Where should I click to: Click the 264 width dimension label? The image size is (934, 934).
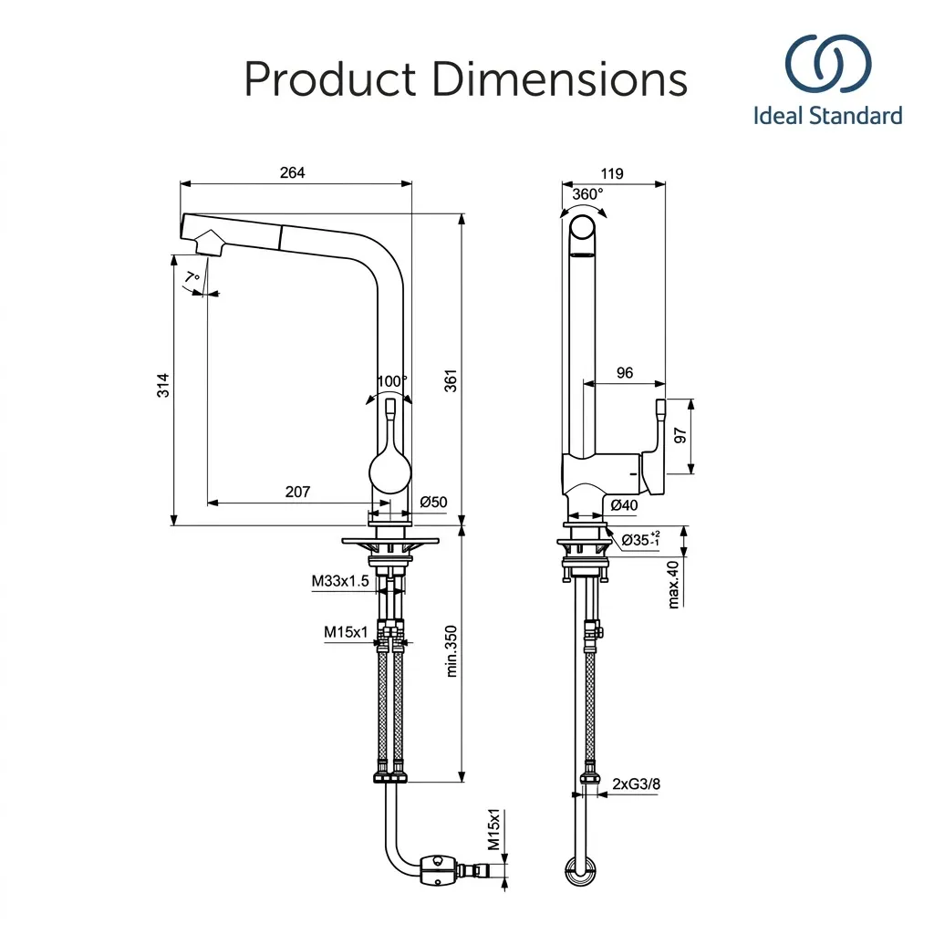click(x=292, y=172)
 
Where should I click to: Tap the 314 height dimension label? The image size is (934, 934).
click(x=163, y=386)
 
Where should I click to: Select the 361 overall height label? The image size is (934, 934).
click(x=451, y=380)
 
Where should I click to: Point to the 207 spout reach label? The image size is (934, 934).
click(x=297, y=492)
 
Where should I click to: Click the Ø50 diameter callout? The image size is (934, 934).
click(x=433, y=503)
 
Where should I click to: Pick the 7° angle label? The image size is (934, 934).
click(x=192, y=277)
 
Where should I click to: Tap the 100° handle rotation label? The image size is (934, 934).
click(x=392, y=380)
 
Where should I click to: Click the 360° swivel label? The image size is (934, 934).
click(x=587, y=194)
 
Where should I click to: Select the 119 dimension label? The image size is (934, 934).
click(x=612, y=173)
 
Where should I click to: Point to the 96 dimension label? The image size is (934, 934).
click(x=625, y=373)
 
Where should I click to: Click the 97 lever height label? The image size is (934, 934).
click(x=680, y=435)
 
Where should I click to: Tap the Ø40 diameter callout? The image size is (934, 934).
click(x=624, y=505)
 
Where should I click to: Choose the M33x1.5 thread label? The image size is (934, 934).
click(x=340, y=581)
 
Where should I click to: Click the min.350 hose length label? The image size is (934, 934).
click(x=451, y=651)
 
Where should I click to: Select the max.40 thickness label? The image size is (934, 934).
click(x=673, y=585)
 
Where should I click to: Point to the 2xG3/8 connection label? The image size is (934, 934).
click(x=636, y=784)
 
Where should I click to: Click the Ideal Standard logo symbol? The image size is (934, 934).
click(x=828, y=64)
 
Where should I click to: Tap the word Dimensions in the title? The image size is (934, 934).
click(x=560, y=79)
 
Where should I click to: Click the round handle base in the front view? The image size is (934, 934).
click(x=390, y=473)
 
